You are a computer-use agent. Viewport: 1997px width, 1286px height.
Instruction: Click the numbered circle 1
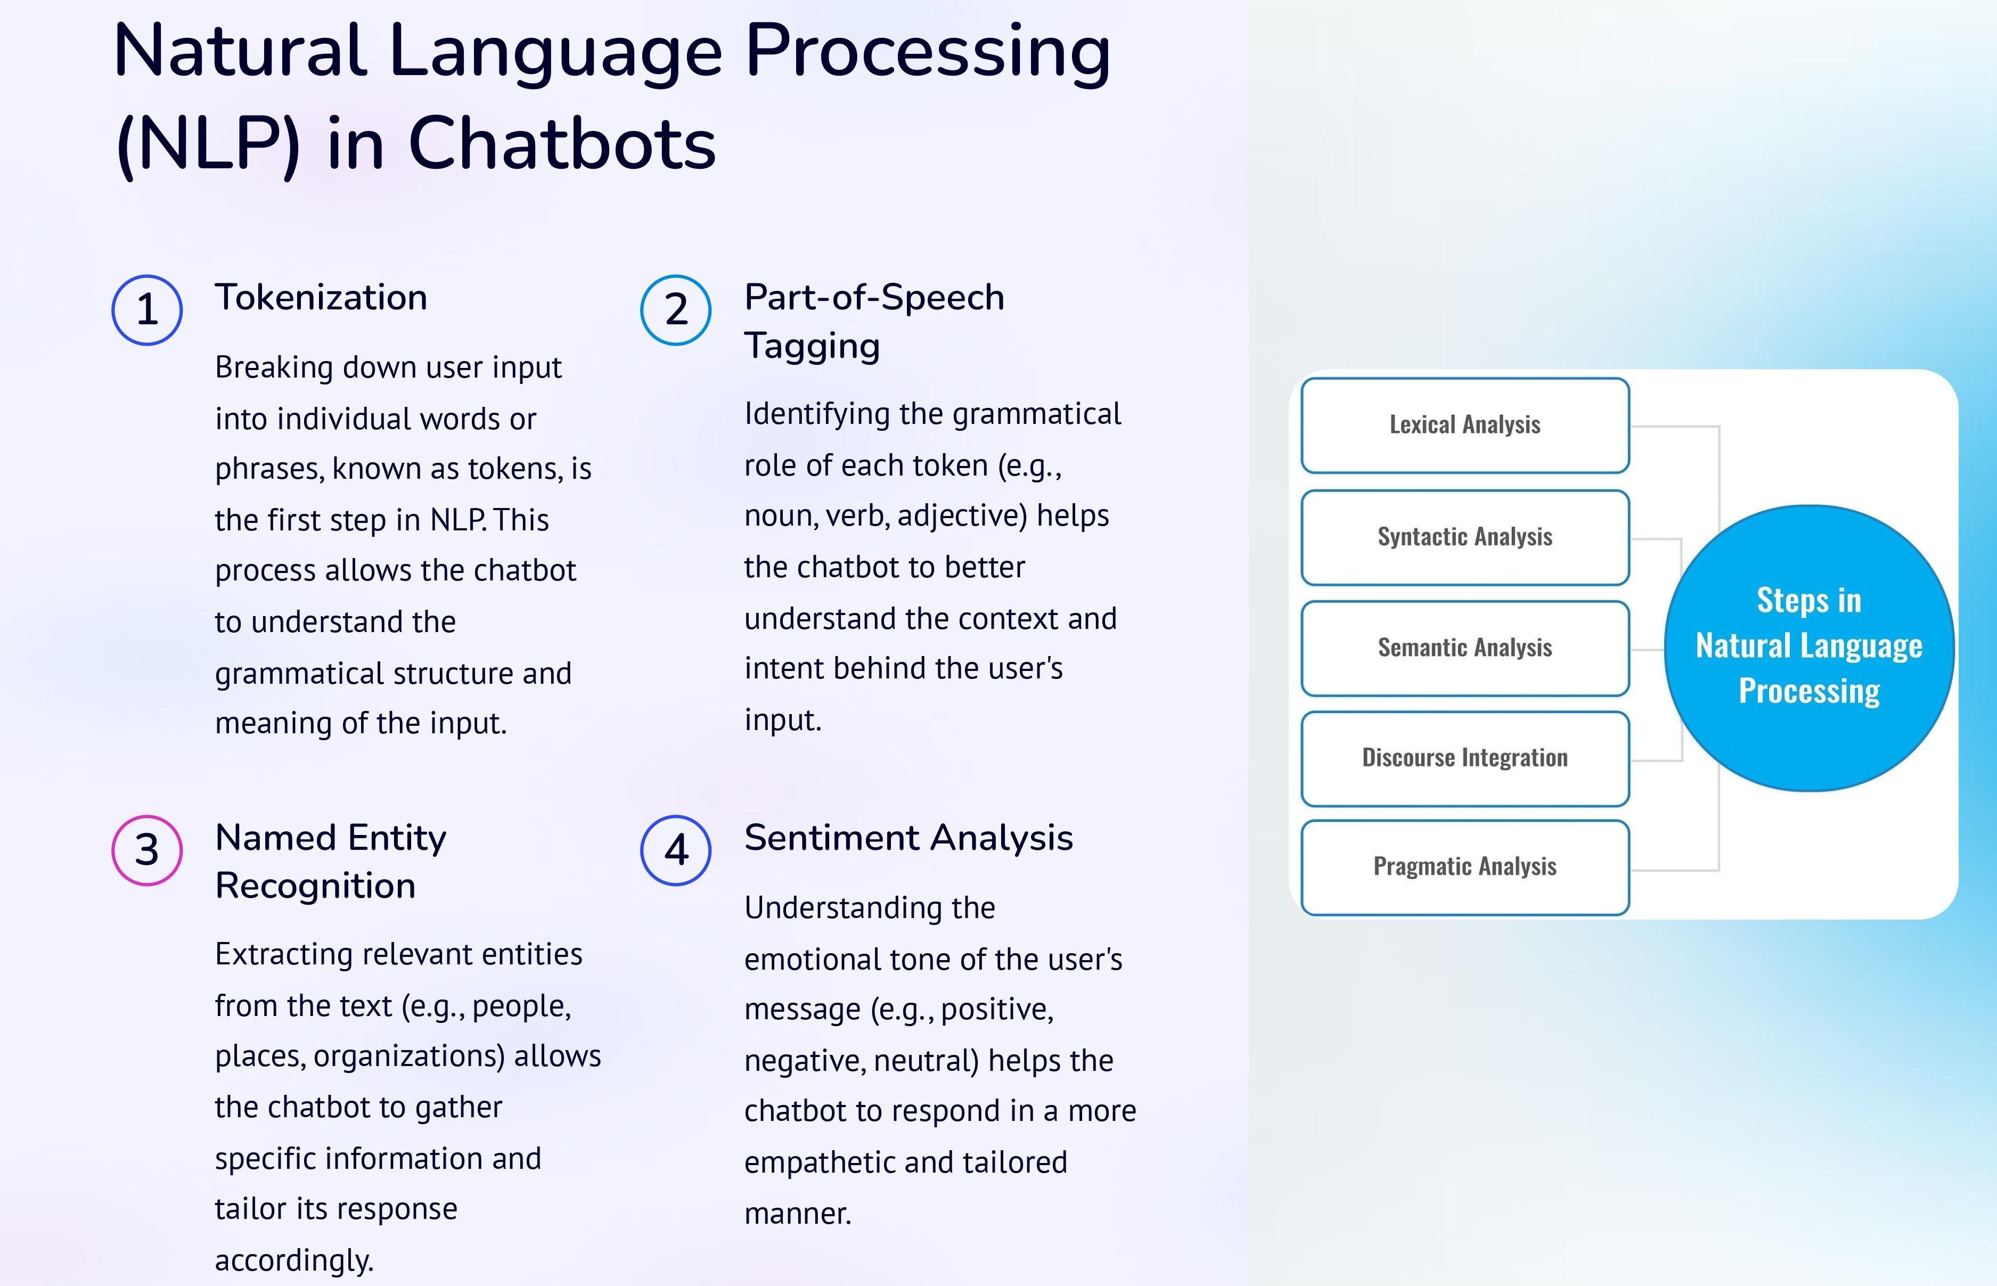[147, 310]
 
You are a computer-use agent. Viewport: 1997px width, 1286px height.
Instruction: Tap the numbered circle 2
[676, 310]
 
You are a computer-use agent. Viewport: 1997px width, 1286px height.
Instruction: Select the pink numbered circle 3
[147, 850]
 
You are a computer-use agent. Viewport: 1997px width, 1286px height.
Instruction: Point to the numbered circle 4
[676, 850]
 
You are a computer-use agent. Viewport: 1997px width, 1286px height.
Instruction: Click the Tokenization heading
[322, 297]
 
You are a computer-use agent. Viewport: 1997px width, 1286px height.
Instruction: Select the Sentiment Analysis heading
[909, 838]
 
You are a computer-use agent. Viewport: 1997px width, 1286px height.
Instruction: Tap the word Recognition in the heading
[316, 886]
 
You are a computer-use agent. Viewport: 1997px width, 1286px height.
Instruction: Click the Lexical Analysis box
[1465, 425]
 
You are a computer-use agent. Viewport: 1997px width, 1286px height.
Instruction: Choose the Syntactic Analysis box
[1465, 537]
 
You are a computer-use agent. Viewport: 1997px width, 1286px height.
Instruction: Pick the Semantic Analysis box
[1465, 648]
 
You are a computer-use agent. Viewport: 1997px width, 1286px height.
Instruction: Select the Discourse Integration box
[1465, 758]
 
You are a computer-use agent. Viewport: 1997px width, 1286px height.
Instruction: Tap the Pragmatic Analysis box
[1465, 867]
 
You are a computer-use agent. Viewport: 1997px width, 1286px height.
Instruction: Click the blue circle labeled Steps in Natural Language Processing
[1809, 648]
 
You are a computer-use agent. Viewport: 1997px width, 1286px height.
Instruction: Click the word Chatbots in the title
[562, 144]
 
